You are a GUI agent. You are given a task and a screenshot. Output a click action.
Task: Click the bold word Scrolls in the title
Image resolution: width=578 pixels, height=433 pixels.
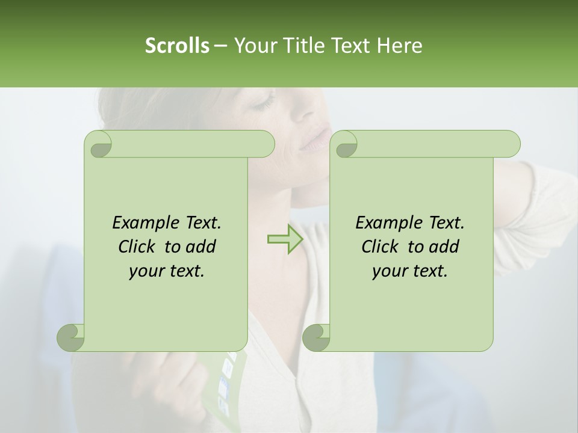(x=177, y=46)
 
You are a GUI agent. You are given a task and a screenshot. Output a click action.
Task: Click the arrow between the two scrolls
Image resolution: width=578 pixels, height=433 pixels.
(x=285, y=239)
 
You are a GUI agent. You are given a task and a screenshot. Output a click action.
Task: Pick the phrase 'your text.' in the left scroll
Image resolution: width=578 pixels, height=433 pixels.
(x=166, y=271)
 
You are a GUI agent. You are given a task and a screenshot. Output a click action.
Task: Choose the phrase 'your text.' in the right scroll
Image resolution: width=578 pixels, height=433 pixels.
(x=409, y=271)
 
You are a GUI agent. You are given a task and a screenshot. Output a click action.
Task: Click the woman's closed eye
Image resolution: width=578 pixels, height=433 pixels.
(x=263, y=103)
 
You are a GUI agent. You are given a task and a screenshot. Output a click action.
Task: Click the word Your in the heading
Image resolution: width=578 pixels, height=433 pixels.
(x=254, y=46)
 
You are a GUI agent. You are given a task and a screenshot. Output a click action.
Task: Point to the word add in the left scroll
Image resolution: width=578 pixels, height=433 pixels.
(x=201, y=247)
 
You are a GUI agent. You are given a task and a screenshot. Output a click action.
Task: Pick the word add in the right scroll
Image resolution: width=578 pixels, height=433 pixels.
(x=444, y=247)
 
